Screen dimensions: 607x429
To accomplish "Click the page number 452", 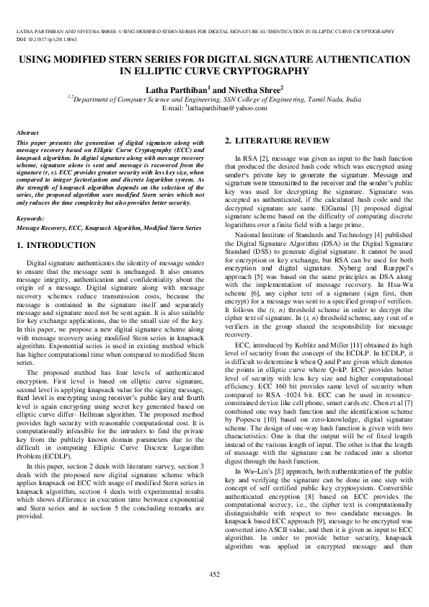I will tap(214, 574).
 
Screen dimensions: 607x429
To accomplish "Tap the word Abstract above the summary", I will tap(27, 133).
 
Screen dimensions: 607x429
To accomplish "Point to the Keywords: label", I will tap(30, 218).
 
